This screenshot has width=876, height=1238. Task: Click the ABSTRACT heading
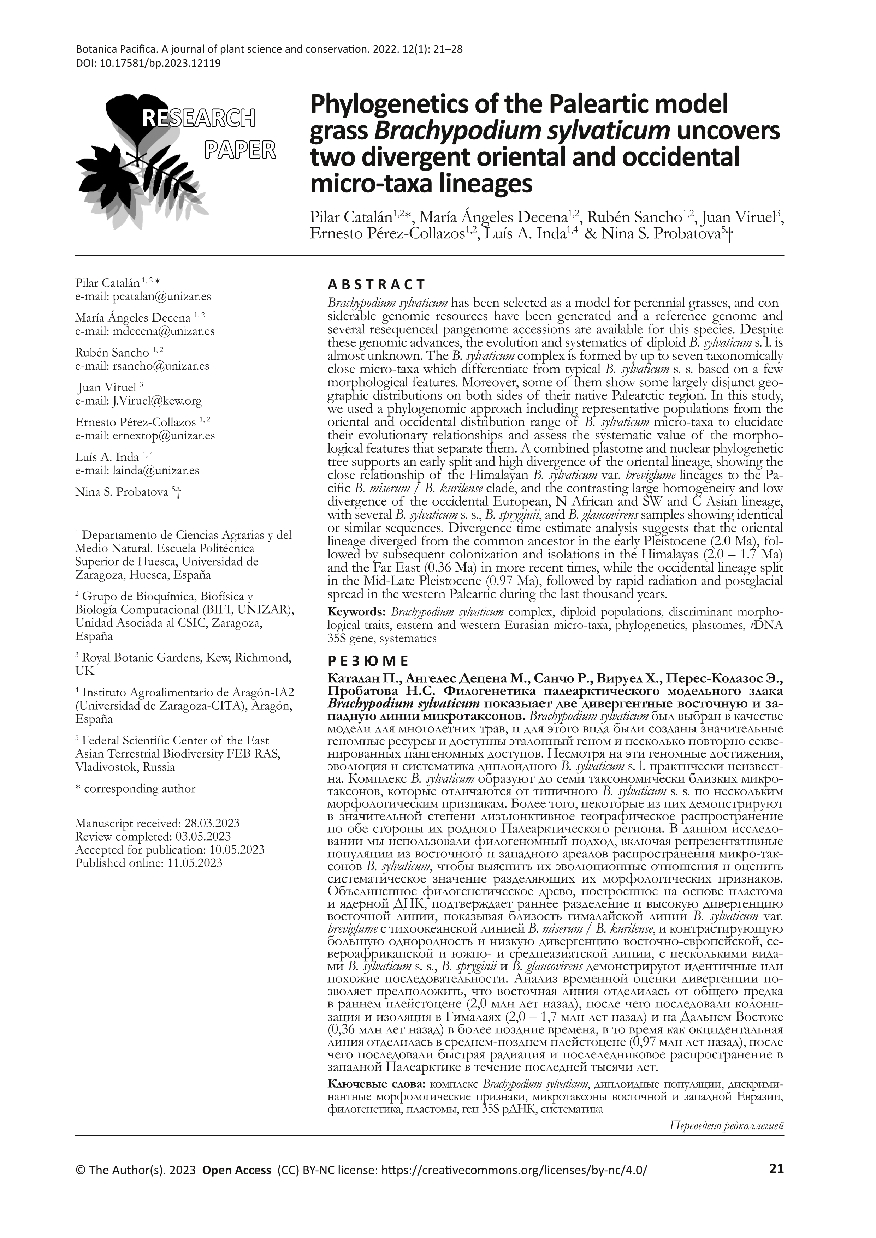click(377, 284)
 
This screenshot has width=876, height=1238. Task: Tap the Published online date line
click(149, 863)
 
